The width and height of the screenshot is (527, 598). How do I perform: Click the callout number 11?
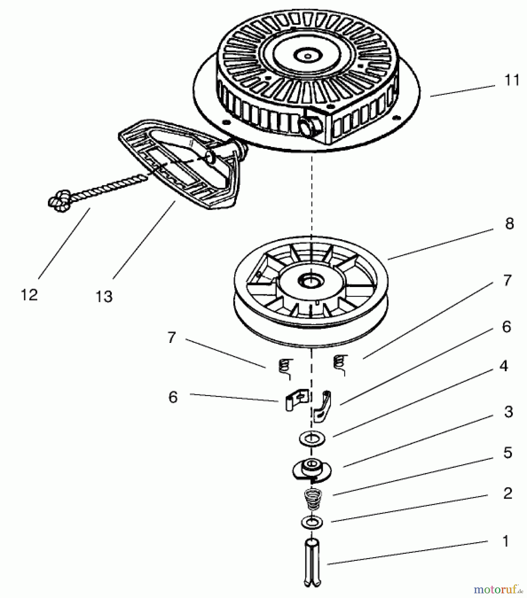coord(511,80)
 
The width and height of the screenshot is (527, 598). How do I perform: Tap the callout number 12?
coord(29,295)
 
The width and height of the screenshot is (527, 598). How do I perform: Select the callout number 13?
coord(104,296)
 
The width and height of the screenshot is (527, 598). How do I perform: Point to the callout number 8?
coord(509,224)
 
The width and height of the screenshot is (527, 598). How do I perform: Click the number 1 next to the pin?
coord(506,541)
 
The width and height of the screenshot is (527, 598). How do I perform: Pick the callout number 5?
coord(508,452)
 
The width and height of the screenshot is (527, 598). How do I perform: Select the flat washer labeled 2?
coord(312,522)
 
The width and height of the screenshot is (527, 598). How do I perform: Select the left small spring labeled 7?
coord(285,368)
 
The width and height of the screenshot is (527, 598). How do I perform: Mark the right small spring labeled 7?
coord(340,364)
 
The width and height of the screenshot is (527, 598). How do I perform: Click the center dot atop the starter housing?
coord(308,56)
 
